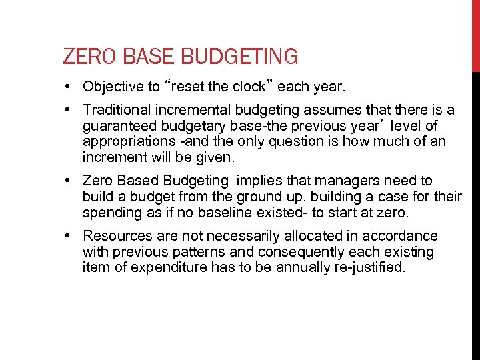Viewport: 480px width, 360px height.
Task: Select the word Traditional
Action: click(x=115, y=110)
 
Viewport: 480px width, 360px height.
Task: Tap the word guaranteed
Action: click(x=118, y=126)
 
